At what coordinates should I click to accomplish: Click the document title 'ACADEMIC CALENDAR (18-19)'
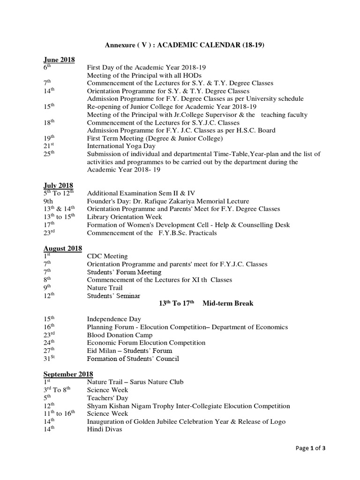tap(214, 45)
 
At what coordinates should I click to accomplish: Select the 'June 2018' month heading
tap(60, 60)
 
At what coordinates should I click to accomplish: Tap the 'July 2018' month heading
tap(58, 186)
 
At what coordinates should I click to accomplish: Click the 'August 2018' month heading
tap(63, 248)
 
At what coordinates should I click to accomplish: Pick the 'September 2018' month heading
tap(68, 374)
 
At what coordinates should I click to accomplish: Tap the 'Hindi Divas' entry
tap(105, 429)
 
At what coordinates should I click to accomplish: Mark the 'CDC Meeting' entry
tap(107, 256)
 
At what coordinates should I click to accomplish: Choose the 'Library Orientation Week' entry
tap(125, 217)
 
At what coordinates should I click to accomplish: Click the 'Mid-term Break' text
tap(228, 304)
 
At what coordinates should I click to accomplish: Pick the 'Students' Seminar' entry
tap(113, 296)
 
